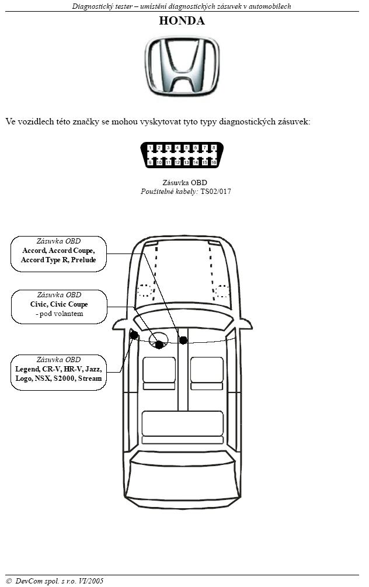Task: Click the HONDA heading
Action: (182, 20)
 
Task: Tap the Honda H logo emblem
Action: (182, 66)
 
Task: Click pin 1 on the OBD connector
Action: (150, 148)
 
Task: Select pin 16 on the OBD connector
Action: (214, 162)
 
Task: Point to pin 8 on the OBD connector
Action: (214, 148)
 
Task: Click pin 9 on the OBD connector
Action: (150, 162)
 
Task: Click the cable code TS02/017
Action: (215, 192)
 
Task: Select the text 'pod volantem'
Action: (61, 314)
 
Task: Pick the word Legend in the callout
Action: (27, 369)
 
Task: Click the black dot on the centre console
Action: (183, 341)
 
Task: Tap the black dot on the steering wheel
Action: (159, 345)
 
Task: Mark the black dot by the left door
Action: (134, 335)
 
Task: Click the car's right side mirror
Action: (245, 324)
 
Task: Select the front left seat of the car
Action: (159, 373)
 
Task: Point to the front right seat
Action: (207, 373)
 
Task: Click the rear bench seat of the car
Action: (183, 428)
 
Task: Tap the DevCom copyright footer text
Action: (55, 581)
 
